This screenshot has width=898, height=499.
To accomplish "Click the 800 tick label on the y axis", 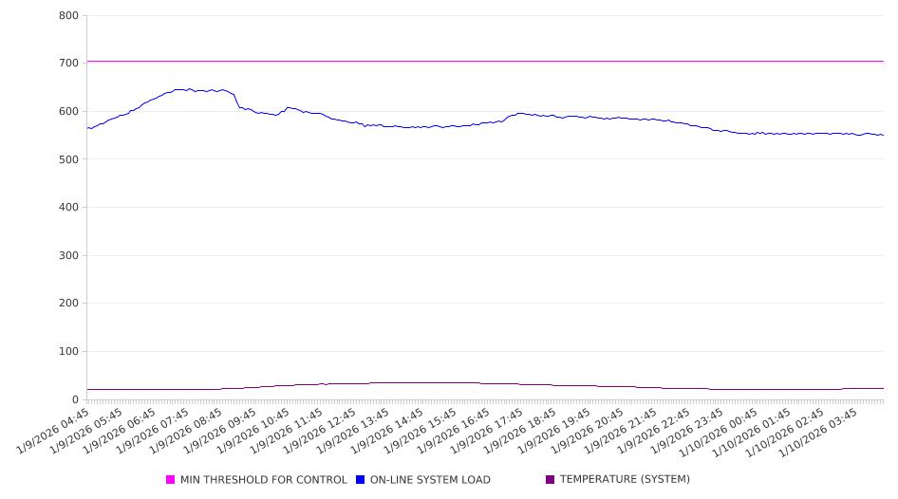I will pyautogui.click(x=68, y=16).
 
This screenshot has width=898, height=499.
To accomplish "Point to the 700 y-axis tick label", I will pyautogui.click(x=68, y=64).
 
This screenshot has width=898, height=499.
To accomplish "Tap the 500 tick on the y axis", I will pyautogui.click(x=68, y=159).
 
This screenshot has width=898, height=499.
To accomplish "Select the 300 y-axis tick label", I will pyautogui.click(x=68, y=256).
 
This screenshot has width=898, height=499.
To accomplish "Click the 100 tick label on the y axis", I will pyautogui.click(x=68, y=352).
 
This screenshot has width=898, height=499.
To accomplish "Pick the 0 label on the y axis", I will pyautogui.click(x=74, y=400).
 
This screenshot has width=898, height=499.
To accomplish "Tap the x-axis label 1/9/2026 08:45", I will pyautogui.click(x=188, y=430).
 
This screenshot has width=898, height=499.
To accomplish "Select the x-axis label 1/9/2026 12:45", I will pyautogui.click(x=321, y=430).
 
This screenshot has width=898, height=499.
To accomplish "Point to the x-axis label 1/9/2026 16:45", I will pyautogui.click(x=454, y=430).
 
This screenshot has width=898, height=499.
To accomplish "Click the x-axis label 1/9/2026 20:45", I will pyautogui.click(x=587, y=430).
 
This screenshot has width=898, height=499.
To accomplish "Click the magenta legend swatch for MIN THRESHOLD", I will pyautogui.click(x=171, y=480).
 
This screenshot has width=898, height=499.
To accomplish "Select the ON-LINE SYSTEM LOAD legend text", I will pyautogui.click(x=430, y=480).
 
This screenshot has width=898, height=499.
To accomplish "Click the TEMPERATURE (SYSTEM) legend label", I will pyautogui.click(x=625, y=480).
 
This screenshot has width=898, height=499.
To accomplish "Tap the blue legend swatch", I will pyautogui.click(x=361, y=480).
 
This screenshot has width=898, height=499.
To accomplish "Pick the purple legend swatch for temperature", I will pyautogui.click(x=551, y=480).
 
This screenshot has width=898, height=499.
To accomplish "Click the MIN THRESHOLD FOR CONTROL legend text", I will pyautogui.click(x=264, y=480).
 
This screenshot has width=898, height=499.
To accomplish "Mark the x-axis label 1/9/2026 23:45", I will pyautogui.click(x=686, y=430).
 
